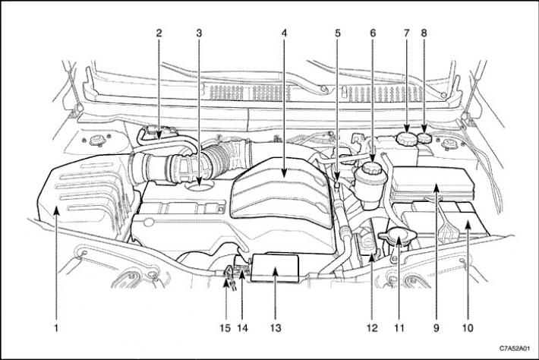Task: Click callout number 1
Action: click(x=56, y=327)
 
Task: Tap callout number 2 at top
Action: click(x=159, y=33)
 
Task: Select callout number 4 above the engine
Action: click(x=284, y=33)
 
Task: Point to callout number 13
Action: click(x=276, y=328)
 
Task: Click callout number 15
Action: click(x=225, y=328)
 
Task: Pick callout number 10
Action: click(x=468, y=328)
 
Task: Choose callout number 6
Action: click(x=373, y=33)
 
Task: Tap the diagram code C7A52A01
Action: click(x=514, y=349)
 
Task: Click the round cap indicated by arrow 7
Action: click(x=407, y=139)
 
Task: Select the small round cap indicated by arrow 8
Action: click(x=424, y=138)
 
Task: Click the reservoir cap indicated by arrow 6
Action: click(x=373, y=168)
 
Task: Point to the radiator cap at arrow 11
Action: click(x=398, y=237)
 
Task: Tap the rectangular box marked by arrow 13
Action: click(x=275, y=268)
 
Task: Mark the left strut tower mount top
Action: click(x=96, y=141)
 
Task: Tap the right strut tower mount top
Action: click(x=447, y=144)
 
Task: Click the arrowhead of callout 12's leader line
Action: click(x=372, y=257)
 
